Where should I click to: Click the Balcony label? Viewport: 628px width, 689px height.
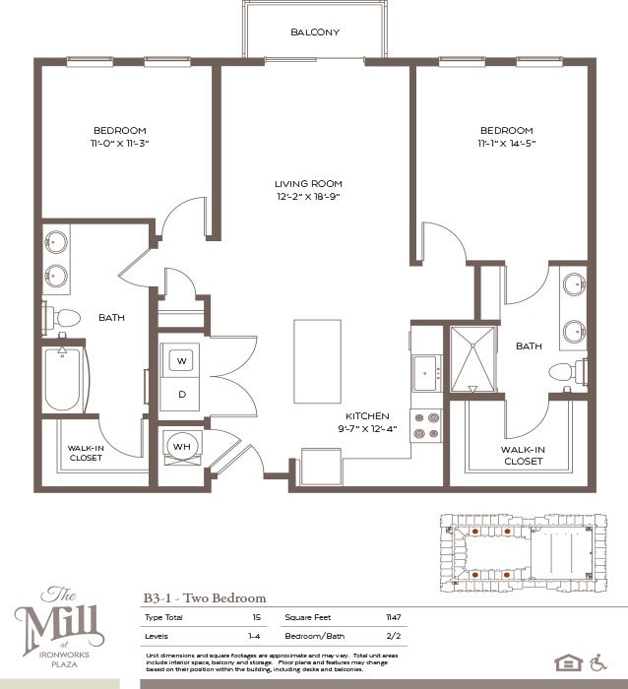pyautogui.click(x=315, y=32)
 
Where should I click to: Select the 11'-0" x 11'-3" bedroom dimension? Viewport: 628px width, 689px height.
pyautogui.click(x=120, y=144)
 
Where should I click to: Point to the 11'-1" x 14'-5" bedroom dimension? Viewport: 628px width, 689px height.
pyautogui.click(x=507, y=144)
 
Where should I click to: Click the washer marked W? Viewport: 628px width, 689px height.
pyautogui.click(x=181, y=361)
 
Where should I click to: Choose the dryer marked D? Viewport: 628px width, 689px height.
pyautogui.click(x=181, y=394)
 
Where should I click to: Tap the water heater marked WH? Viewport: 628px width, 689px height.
pyautogui.click(x=181, y=446)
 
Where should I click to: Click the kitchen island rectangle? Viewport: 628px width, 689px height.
pyautogui.click(x=317, y=347)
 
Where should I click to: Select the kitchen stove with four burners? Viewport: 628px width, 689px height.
pyautogui.click(x=426, y=425)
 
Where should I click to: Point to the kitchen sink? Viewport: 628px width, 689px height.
pyautogui.click(x=426, y=373)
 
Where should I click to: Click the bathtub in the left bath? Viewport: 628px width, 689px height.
pyautogui.click(x=63, y=379)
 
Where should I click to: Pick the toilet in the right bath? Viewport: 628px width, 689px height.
pyautogui.click(x=567, y=373)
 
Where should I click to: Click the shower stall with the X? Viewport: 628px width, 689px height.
pyautogui.click(x=472, y=359)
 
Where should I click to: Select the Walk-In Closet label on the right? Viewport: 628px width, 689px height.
pyautogui.click(x=523, y=455)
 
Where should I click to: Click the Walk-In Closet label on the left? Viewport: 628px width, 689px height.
pyautogui.click(x=87, y=453)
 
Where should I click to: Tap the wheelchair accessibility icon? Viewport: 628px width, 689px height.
pyautogui.click(x=600, y=661)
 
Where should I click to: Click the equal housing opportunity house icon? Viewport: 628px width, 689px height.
pyautogui.click(x=568, y=661)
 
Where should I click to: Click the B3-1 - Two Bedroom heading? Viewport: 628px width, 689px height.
pyautogui.click(x=205, y=597)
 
